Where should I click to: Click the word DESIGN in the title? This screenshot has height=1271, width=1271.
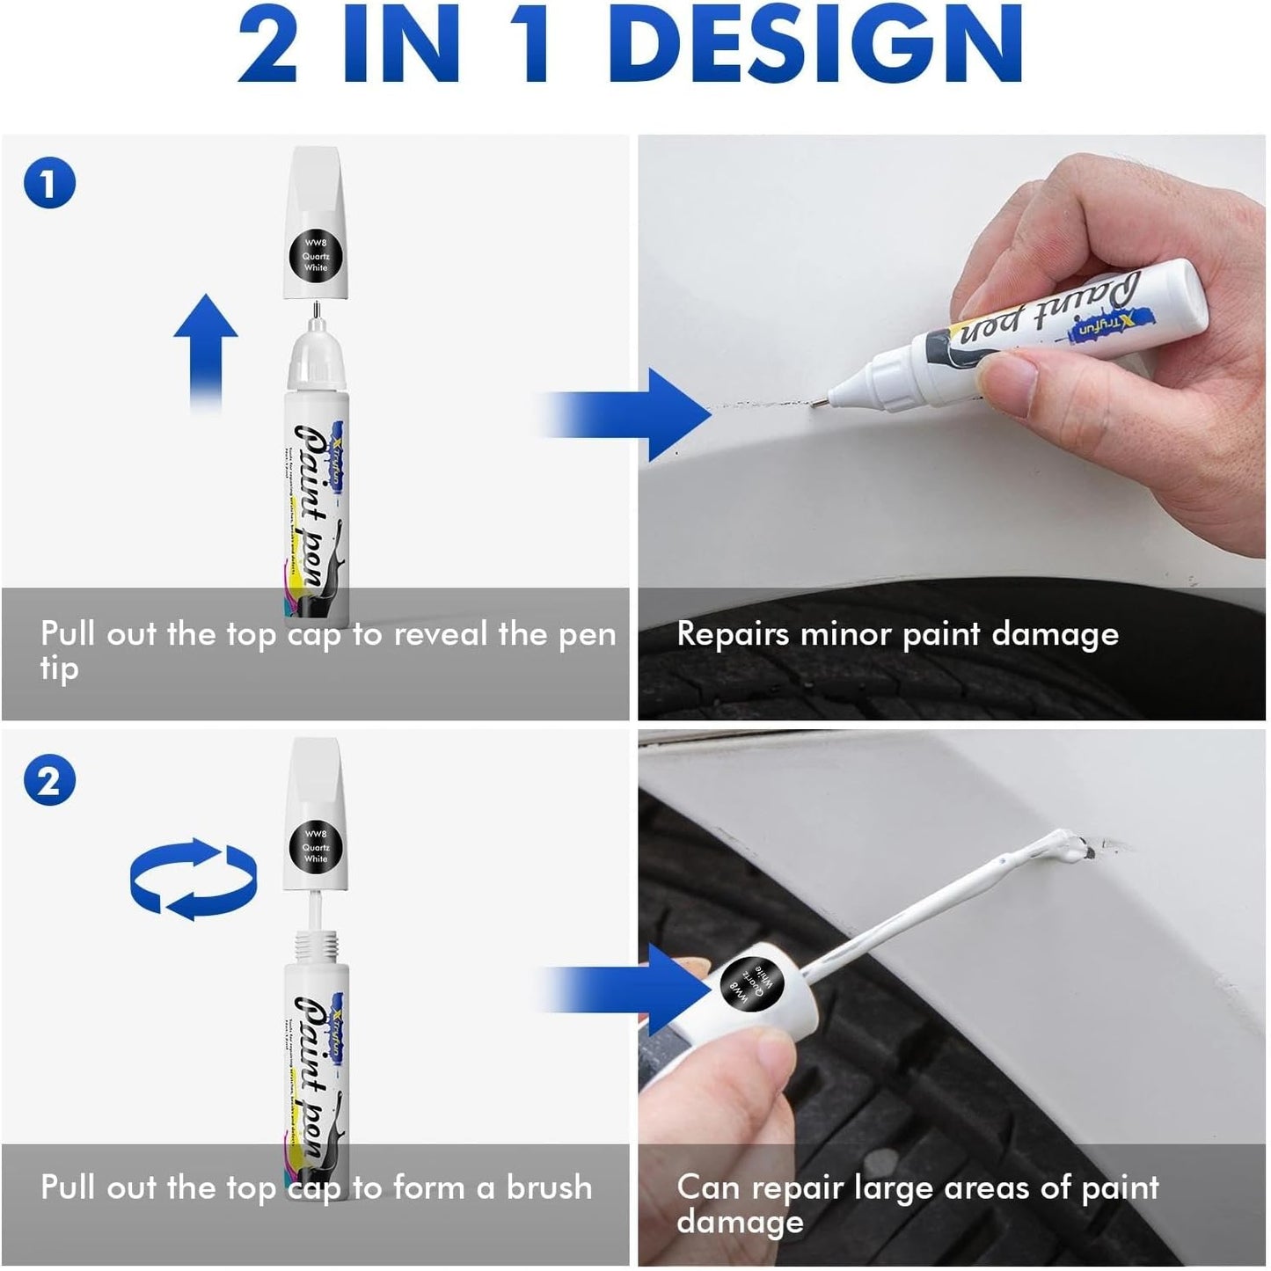click(814, 44)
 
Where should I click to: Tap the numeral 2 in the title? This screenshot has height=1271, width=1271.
click(267, 44)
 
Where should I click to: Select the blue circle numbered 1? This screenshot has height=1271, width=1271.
click(49, 183)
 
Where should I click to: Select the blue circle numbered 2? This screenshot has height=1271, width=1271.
click(49, 781)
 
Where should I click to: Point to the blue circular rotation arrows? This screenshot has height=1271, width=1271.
click(194, 880)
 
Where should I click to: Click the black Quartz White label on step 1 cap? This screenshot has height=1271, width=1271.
click(316, 255)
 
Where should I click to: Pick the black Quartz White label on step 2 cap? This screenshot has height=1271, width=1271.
click(316, 846)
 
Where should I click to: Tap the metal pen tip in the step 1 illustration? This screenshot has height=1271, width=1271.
click(315, 310)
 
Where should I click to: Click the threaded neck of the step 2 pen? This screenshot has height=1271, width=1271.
click(316, 947)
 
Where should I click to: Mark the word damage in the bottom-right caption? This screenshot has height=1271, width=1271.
click(740, 1223)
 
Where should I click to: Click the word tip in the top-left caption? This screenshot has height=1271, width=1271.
click(59, 669)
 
